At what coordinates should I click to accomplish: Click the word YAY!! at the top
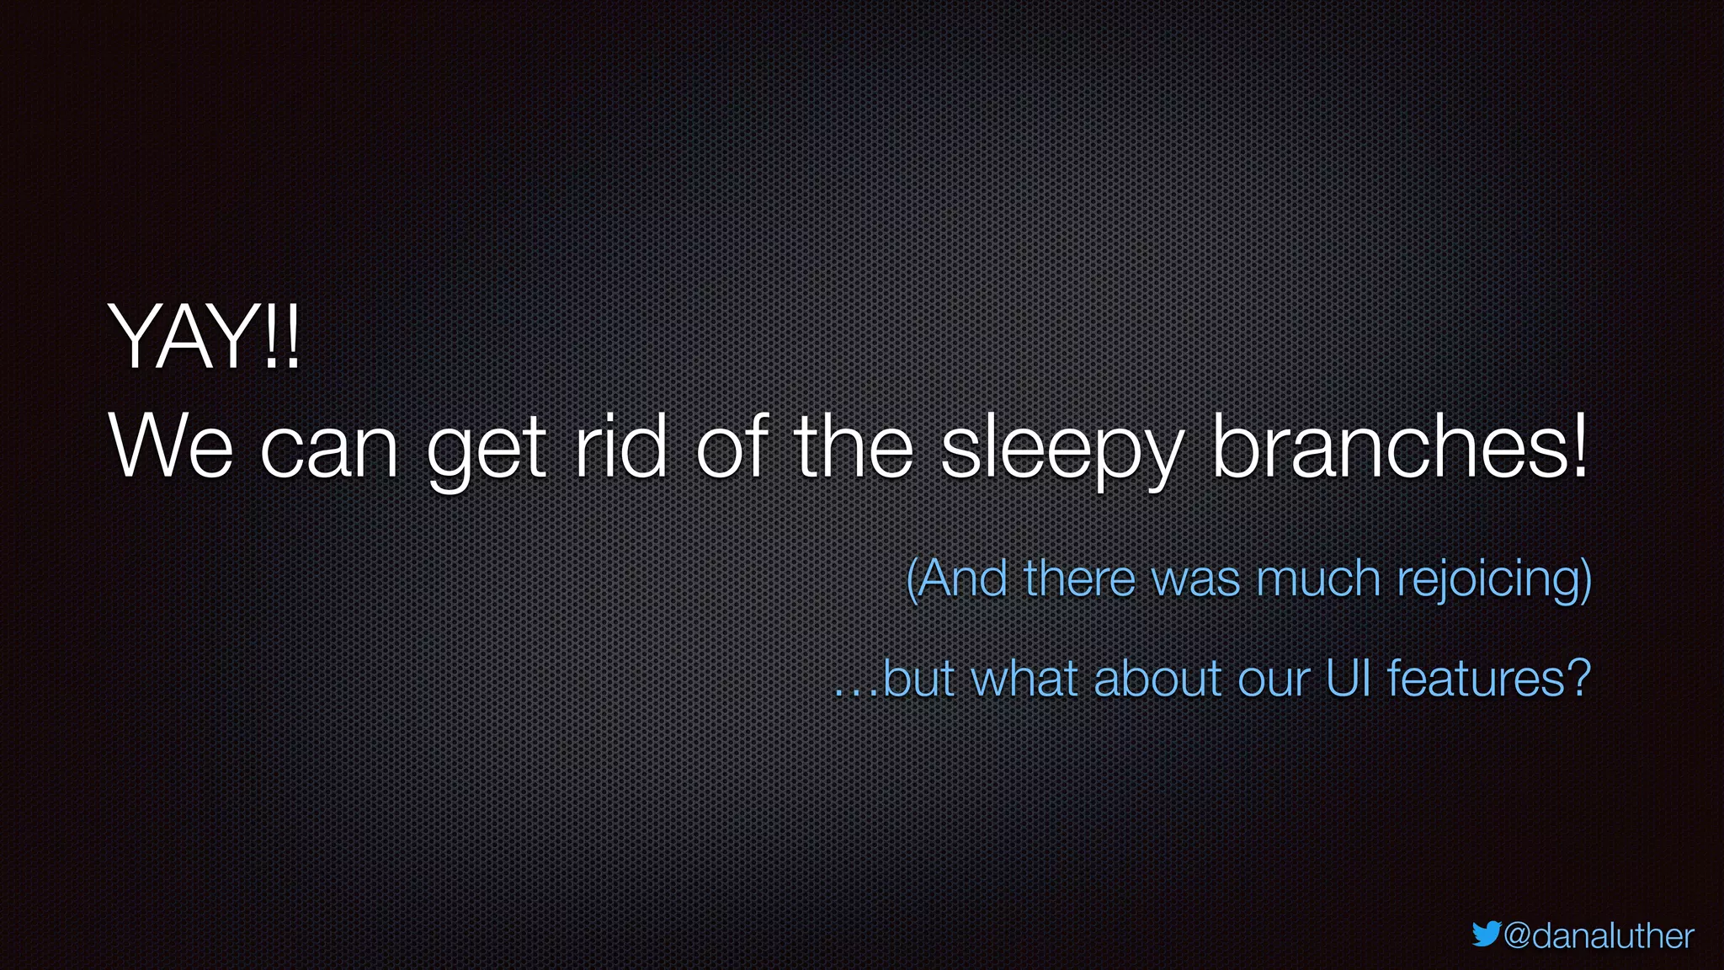coord(204,338)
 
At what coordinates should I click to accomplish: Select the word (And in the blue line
coord(956,578)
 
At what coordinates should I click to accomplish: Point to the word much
coord(1318,578)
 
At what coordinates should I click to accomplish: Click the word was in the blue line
coord(1195,580)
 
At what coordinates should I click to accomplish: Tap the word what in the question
coord(1024,679)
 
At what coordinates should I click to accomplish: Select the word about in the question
coord(1157,679)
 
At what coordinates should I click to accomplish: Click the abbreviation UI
coord(1349,679)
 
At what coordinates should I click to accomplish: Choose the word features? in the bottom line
coord(1488,679)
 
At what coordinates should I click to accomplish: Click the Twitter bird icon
coord(1486,934)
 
